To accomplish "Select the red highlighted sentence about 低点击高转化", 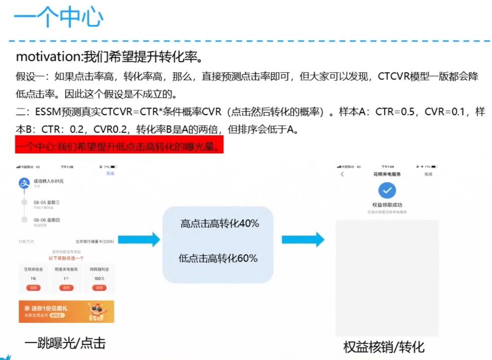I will tap(119, 147).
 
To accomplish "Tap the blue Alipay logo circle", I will tap(23, 184).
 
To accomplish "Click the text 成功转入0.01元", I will tap(48, 181).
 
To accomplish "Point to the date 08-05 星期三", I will tap(46, 202).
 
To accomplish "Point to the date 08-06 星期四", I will tap(46, 220).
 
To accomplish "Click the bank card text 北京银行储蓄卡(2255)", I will tap(94, 241).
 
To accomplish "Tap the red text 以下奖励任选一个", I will tap(66, 258).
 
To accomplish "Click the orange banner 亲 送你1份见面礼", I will tap(66, 311).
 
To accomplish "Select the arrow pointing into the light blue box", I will tap(139, 240).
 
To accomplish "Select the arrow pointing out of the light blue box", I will tap(303, 240).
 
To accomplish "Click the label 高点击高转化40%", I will tap(219, 224).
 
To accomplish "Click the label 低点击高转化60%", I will tap(218, 258).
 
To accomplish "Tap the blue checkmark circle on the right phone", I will tap(387, 190).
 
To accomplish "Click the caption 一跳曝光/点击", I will tap(65, 343).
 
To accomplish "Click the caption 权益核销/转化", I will tap(384, 346).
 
